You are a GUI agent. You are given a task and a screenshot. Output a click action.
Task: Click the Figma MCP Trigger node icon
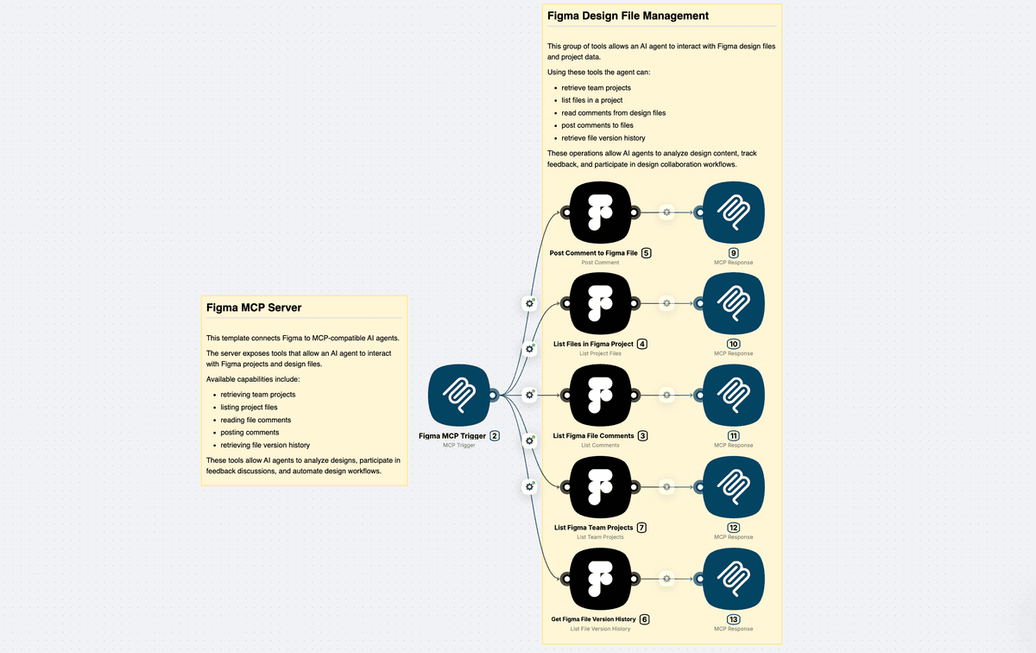459,396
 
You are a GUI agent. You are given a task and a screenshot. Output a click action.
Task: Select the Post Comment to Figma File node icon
600,212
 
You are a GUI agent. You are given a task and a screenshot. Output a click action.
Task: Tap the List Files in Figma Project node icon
600,303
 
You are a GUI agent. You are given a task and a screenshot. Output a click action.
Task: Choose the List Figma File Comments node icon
600,396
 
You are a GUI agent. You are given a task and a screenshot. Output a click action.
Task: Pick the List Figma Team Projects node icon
600,487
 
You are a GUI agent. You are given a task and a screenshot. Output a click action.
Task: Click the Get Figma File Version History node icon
600,579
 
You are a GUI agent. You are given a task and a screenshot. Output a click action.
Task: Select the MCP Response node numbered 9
733,212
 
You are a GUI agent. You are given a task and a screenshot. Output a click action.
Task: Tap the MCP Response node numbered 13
733,579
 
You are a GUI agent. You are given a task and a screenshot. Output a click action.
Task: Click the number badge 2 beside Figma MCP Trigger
495,436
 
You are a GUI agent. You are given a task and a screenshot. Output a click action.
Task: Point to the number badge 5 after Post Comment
646,253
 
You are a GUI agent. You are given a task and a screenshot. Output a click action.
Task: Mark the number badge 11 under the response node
734,436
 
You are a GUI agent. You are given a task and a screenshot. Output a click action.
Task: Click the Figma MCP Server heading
253,307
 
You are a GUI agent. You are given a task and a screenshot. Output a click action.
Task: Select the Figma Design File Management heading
628,16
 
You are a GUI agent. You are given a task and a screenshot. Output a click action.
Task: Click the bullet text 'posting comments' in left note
250,433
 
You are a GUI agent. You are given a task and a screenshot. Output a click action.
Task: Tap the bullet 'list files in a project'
591,100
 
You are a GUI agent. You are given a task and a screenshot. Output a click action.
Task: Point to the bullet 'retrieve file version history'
603,138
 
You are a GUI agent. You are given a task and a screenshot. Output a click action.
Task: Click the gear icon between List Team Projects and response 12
666,487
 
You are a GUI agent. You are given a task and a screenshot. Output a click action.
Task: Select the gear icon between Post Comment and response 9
666,212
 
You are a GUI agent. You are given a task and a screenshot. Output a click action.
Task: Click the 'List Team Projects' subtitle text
600,537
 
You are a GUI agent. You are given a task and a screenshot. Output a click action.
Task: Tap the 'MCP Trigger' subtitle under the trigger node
459,446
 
